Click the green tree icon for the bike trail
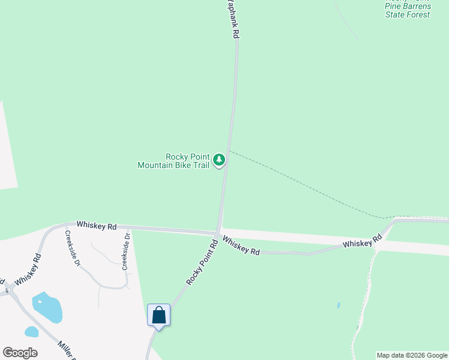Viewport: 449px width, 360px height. click(219, 160)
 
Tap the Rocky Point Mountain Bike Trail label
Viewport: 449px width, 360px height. click(173, 161)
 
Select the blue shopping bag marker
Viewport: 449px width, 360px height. click(159, 315)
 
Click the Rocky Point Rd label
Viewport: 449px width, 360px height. click(201, 261)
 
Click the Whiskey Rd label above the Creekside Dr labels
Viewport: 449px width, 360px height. click(96, 226)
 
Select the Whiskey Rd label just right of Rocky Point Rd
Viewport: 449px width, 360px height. click(241, 245)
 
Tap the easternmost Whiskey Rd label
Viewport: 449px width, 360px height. click(363, 241)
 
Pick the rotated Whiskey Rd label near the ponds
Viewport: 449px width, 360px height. click(29, 269)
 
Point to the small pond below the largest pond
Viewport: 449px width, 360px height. click(31, 331)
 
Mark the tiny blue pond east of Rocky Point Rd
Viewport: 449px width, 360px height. click(339, 305)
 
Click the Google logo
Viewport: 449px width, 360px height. click(20, 353)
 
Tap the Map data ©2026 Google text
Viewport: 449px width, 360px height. click(412, 355)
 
